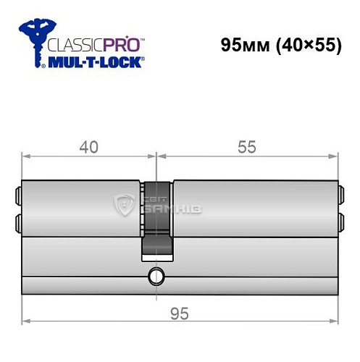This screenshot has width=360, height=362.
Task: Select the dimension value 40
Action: [x=89, y=146]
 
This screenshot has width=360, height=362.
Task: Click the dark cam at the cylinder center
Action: [x=156, y=217]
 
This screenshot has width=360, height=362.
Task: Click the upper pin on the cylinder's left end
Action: [x=17, y=194]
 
